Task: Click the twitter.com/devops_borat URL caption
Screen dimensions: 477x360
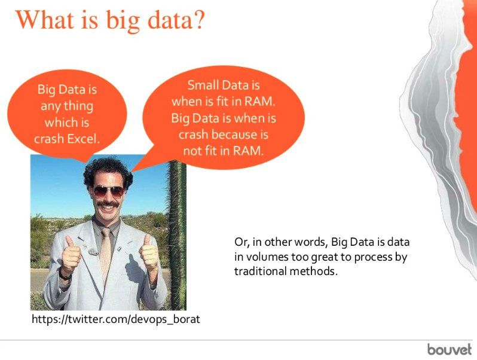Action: (116, 319)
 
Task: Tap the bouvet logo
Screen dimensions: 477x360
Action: (449, 349)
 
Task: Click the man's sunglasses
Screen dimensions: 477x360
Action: (109, 191)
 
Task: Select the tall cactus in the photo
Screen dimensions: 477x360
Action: (177, 235)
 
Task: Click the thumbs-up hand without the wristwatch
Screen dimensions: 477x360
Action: (149, 252)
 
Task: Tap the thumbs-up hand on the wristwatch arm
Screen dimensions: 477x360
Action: (71, 253)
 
